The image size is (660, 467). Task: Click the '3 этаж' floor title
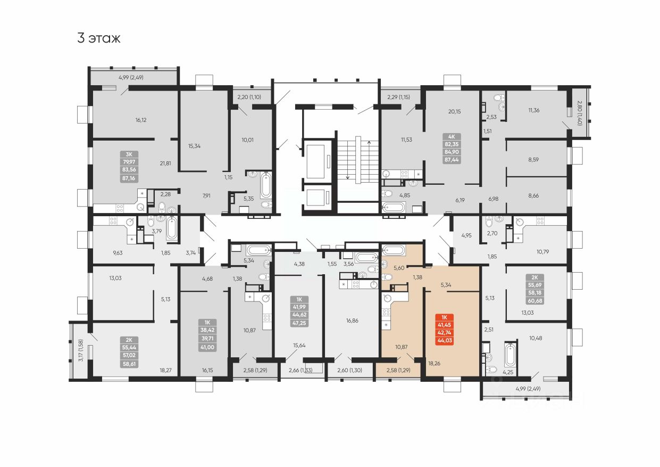pos(99,38)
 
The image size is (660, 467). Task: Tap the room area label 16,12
pos(140,120)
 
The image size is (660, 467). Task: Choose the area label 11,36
pos(534,111)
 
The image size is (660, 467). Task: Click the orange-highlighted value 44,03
pos(444,341)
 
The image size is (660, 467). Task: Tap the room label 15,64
pos(299,345)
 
